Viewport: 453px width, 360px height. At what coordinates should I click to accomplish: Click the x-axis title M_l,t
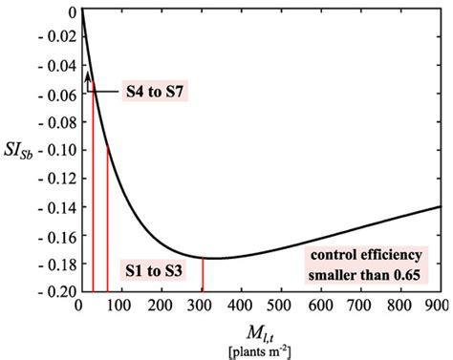coord(260,332)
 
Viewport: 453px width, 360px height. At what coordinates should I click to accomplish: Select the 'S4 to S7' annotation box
coord(154,94)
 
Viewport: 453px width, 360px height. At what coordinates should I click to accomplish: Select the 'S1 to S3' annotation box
coord(153,269)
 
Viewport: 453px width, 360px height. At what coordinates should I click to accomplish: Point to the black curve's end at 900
coord(441,206)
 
